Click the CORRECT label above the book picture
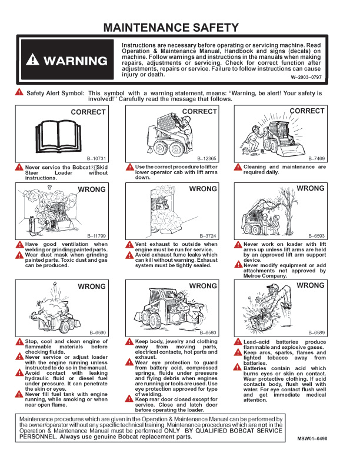pyautogui.click(x=88, y=112)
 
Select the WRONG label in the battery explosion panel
pyautogui.click(x=310, y=285)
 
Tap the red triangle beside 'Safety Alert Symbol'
pyautogui.click(x=19, y=92)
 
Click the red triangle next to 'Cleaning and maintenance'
pyautogui.click(x=238, y=167)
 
